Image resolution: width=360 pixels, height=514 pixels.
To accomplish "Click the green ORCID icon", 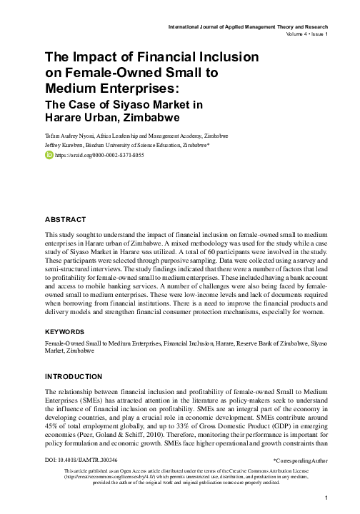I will click(49, 153).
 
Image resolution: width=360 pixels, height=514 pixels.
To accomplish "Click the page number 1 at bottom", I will click(325, 498).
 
